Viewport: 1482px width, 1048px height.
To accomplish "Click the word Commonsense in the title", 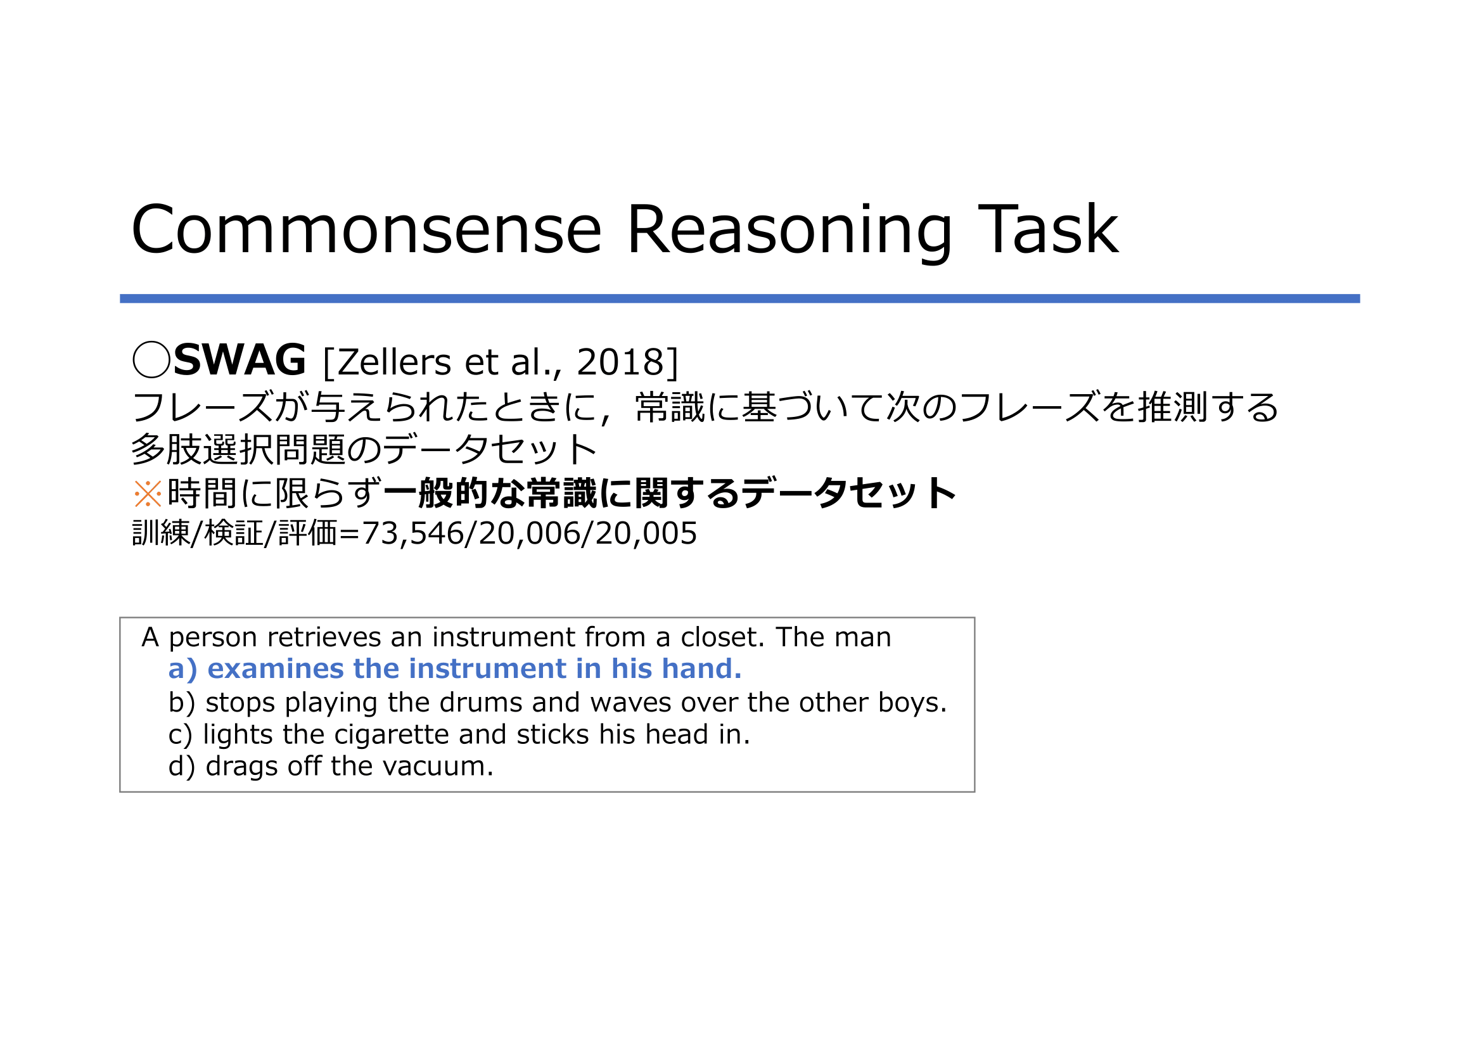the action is (x=367, y=230).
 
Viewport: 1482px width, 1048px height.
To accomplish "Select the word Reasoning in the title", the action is (x=789, y=233).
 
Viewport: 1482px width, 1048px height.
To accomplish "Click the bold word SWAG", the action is (x=240, y=360).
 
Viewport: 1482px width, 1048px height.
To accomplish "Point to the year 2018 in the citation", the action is (x=620, y=361).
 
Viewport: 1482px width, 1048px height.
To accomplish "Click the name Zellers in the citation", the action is (x=393, y=361).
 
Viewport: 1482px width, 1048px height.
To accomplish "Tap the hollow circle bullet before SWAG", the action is (x=151, y=359).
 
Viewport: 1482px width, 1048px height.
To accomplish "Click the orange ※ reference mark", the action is (x=148, y=494).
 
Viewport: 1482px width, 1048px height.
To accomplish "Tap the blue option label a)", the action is (x=182, y=669).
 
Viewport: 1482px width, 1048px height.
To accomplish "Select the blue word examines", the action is (x=276, y=669).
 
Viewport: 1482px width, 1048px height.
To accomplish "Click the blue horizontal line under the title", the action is (x=739, y=299).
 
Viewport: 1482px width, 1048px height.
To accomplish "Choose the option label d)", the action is (x=182, y=767).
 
